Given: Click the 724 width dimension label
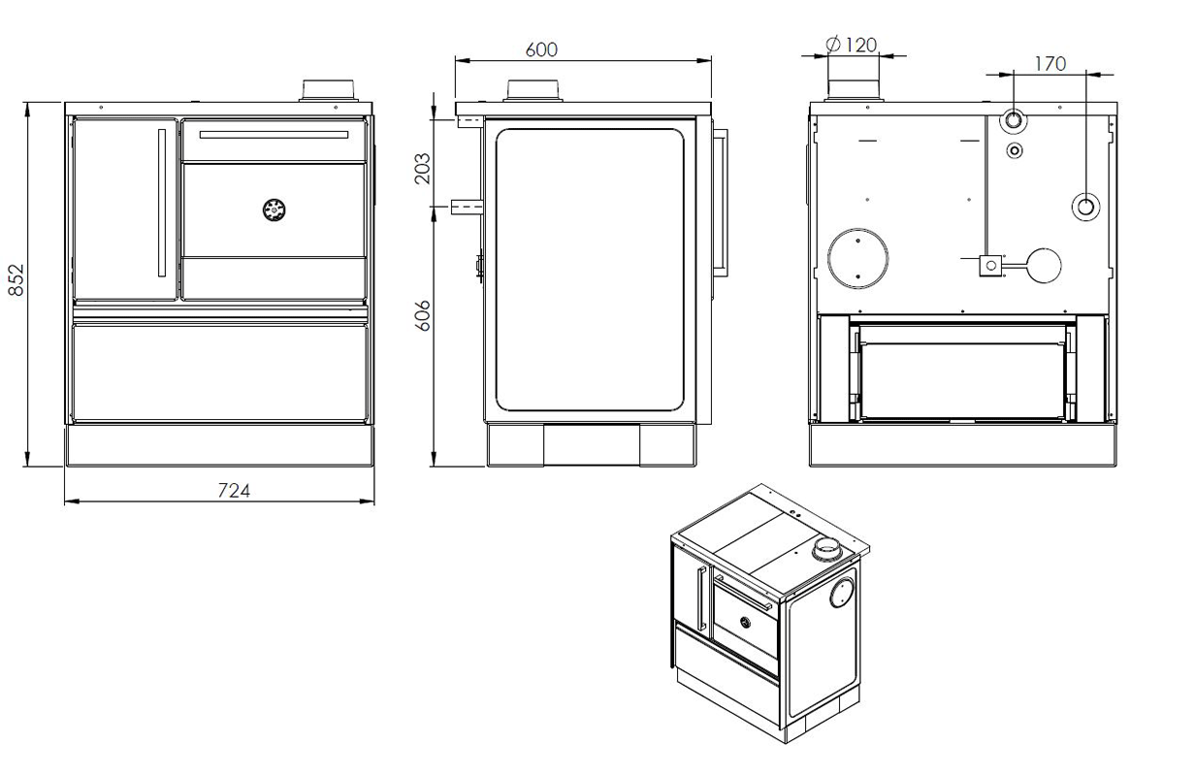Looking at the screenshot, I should (x=233, y=491).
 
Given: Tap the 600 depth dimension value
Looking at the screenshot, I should (x=541, y=49).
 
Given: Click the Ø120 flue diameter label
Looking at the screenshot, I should (x=851, y=44).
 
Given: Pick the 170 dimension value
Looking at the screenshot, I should (x=1050, y=64).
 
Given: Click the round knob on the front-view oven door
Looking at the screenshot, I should (x=275, y=209).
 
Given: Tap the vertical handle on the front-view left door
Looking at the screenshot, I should (x=162, y=203).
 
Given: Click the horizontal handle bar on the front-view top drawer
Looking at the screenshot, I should (x=275, y=134).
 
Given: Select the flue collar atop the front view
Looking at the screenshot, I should (x=331, y=91).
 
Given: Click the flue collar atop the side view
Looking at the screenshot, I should (x=533, y=90).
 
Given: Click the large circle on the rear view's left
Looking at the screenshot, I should (x=858, y=259).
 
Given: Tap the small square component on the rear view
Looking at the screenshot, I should (x=990, y=266).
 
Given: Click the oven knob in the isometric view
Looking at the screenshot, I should (x=744, y=621).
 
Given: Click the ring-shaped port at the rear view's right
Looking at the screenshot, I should (x=1086, y=206).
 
